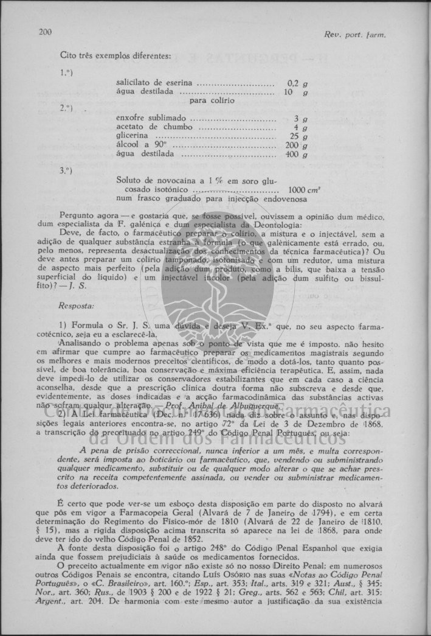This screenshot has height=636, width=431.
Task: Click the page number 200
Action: [45, 32]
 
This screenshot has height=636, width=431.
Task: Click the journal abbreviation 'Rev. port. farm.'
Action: [355, 35]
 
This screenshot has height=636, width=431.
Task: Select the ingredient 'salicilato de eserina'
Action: [154, 83]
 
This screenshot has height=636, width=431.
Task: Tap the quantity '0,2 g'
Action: [297, 83]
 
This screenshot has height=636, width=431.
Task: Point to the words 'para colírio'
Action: [212, 100]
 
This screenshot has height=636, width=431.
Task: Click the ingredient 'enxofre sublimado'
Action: [151, 118]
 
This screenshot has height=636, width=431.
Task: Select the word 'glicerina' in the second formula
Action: [132, 136]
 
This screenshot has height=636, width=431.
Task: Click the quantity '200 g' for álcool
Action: [296, 145]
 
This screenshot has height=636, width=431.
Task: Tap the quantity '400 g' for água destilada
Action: [296, 155]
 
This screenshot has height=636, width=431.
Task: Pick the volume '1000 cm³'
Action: [296, 189]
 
